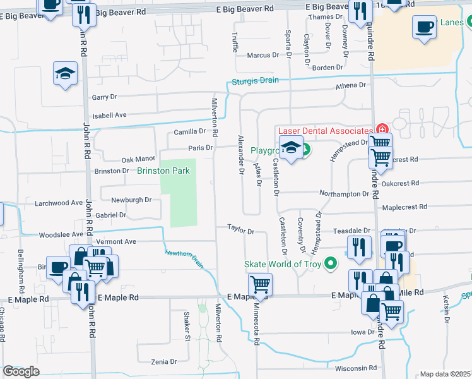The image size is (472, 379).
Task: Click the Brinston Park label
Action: [x=163, y=171]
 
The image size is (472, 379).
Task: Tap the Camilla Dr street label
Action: [x=190, y=131]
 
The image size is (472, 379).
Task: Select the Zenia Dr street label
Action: [x=164, y=361]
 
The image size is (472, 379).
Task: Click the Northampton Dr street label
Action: [x=344, y=194]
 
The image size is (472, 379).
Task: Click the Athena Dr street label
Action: [x=351, y=85]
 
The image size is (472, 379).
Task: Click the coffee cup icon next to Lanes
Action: [x=425, y=27]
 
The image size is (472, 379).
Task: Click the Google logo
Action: [x=21, y=371]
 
